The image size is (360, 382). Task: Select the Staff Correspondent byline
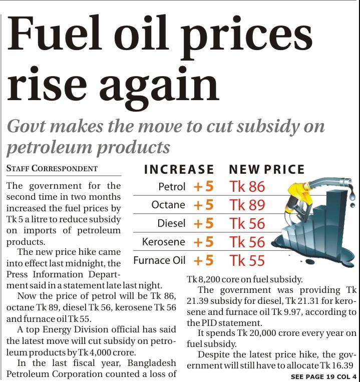(x=52, y=168)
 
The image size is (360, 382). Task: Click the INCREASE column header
(x=179, y=170)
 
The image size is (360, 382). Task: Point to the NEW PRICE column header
(x=267, y=170)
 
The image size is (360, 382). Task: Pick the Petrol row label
(x=172, y=187)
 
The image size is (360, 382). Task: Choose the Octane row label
(x=168, y=205)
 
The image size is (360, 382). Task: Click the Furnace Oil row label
(x=159, y=260)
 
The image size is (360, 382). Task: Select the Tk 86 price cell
(x=247, y=187)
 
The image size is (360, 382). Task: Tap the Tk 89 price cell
(x=247, y=205)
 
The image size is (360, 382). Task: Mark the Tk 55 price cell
(x=247, y=260)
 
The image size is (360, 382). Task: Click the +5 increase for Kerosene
(x=203, y=242)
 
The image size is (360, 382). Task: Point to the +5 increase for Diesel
(x=203, y=223)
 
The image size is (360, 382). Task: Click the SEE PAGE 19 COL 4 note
(x=323, y=376)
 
